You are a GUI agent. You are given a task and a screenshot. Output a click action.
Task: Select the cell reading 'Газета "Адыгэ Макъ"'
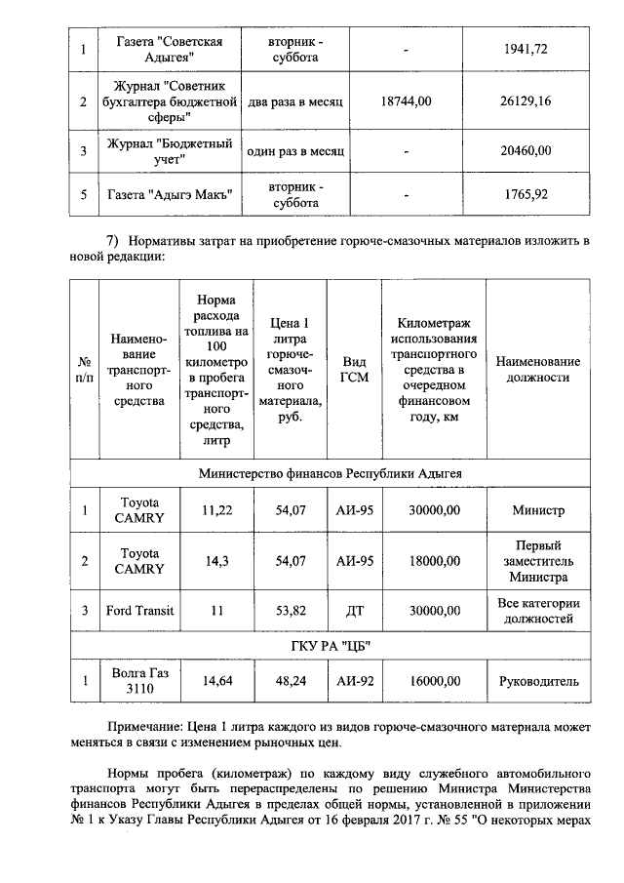pyautogui.click(x=171, y=194)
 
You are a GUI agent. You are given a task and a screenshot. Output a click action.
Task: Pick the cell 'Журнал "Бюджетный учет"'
pyautogui.click(x=171, y=151)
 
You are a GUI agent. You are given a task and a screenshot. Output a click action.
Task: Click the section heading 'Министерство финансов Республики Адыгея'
pyautogui.click(x=330, y=472)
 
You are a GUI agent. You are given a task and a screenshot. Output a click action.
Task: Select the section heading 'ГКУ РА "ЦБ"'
pyautogui.click(x=330, y=647)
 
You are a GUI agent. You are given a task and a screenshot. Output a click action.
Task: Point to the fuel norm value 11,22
pyautogui.click(x=214, y=509)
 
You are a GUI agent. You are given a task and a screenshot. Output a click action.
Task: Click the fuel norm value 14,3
pyautogui.click(x=214, y=561)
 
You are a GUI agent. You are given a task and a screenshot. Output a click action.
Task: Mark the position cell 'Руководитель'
pyautogui.click(x=538, y=682)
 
